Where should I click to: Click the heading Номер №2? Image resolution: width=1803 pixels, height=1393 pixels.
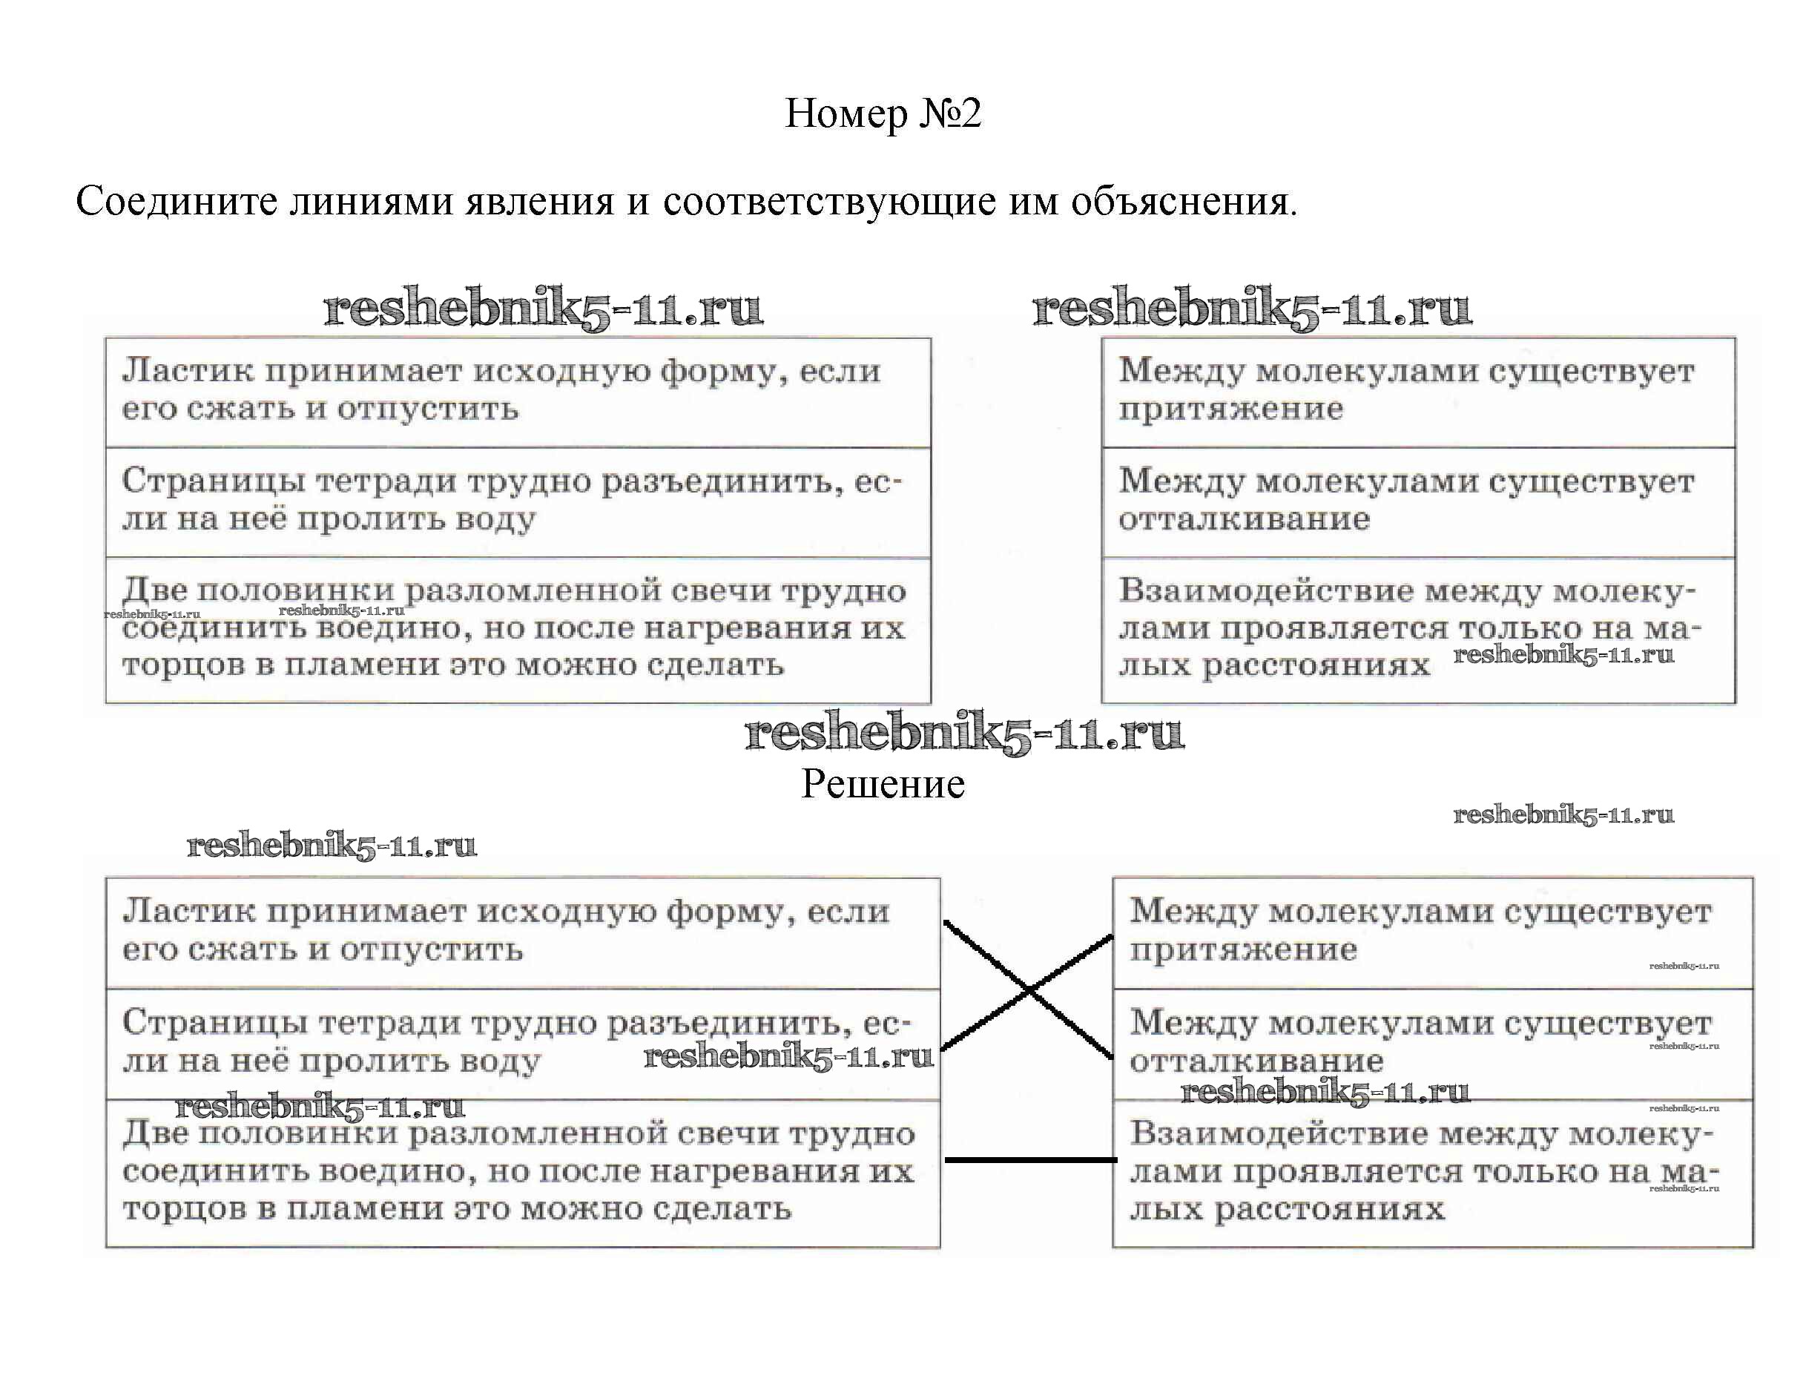coord(883,113)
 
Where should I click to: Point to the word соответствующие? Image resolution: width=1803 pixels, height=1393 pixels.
coord(829,201)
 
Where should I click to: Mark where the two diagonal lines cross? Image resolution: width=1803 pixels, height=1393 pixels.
coord(1029,989)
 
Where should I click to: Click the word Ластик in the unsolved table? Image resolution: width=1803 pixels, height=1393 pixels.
coord(188,371)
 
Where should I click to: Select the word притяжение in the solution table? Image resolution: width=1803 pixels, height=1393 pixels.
coord(1243,949)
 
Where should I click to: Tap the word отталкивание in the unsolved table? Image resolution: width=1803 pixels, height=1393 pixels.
coord(1244,519)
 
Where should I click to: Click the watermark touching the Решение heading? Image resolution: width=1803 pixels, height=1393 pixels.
coord(964,734)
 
